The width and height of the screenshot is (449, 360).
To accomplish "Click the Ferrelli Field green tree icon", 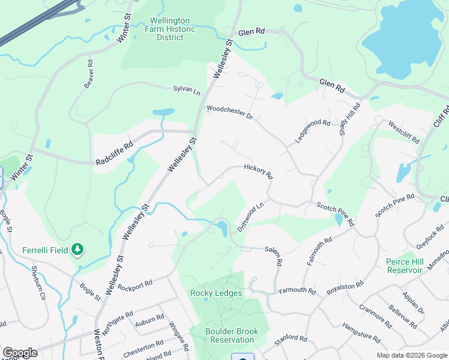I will tap(77, 249).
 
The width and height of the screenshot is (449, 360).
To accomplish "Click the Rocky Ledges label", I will tap(216, 293).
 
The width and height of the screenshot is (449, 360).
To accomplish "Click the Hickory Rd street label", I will tap(259, 172).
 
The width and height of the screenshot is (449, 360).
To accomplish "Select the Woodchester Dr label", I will tap(229, 112).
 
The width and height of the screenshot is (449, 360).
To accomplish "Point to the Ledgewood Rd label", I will tap(313, 131).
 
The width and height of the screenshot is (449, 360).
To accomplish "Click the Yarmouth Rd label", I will tap(297, 291).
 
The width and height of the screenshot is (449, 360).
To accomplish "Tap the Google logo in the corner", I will tap(20, 353).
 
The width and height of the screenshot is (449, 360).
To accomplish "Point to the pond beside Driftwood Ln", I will tap(221, 228).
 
